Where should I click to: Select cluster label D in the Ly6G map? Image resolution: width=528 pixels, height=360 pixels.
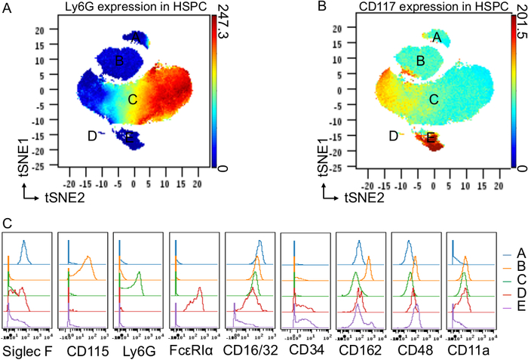pos(92,136)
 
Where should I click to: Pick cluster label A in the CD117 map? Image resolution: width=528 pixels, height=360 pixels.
pos(437,36)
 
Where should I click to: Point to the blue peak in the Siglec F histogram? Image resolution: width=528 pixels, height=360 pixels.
pos(24,243)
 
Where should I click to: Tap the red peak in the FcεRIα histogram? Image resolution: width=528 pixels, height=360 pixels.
pos(199,291)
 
